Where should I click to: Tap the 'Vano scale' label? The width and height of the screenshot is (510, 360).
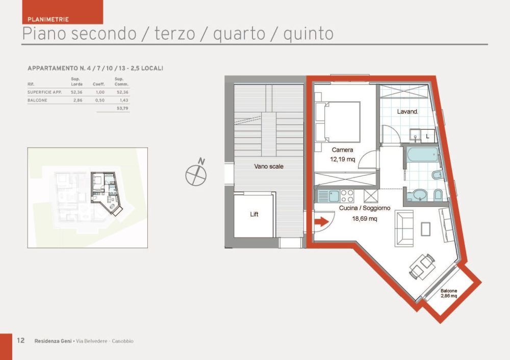click(269, 166)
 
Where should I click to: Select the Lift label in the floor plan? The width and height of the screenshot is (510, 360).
click(254, 214)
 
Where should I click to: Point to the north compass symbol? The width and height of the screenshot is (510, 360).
click(196, 174)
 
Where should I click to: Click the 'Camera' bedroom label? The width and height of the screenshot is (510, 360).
click(342, 150)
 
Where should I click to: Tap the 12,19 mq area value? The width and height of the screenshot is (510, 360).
click(342, 159)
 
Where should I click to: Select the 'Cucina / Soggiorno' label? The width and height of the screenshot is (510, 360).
click(365, 208)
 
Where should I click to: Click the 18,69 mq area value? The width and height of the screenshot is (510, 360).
click(365, 218)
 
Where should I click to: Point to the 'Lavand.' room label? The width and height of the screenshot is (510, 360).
click(408, 111)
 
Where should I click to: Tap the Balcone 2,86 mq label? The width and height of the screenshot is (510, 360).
click(449, 293)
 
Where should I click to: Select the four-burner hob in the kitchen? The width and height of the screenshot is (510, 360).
click(347, 196)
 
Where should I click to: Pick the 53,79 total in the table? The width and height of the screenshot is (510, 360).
click(122, 109)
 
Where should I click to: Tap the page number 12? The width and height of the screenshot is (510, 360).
click(21, 341)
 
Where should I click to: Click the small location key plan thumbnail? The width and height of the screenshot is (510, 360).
click(87, 198)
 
